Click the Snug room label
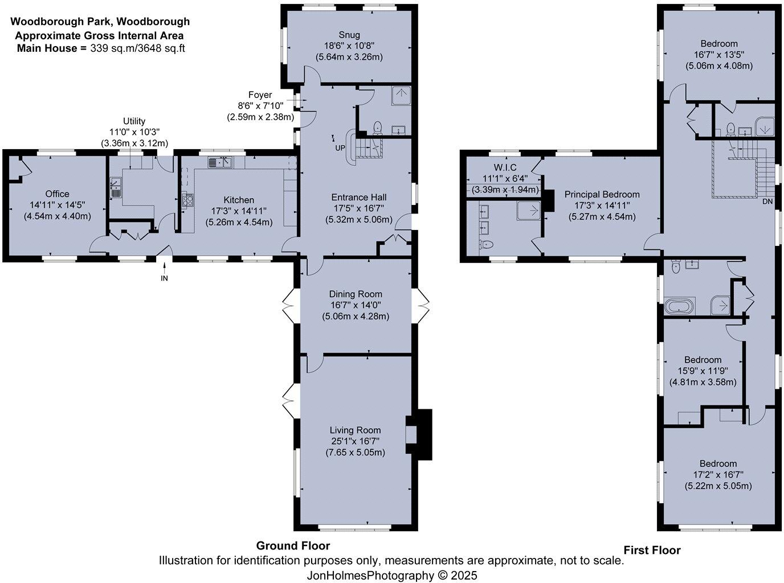348,35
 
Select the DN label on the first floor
767,202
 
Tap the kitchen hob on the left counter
187,199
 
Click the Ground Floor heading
293,545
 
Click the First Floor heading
652,550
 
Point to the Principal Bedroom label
602,195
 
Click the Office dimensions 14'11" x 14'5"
57,205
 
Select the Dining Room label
356,294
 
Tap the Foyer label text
260,95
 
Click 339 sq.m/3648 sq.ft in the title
137,48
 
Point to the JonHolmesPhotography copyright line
391,575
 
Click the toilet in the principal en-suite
485,245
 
